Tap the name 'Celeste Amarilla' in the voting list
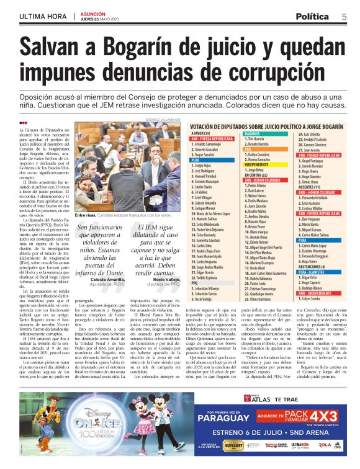[208, 202]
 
